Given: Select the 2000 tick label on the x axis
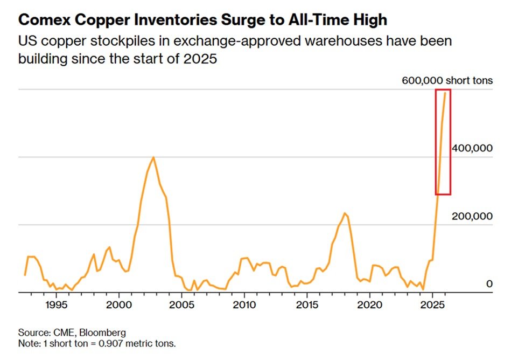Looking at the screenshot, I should point(118,304).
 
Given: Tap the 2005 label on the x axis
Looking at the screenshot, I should point(181,304).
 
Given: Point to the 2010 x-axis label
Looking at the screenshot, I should point(244,304).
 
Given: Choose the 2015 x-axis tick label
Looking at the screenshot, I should point(307,304).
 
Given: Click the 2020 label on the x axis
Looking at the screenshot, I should point(369,304).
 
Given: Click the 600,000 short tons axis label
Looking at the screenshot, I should point(447,81).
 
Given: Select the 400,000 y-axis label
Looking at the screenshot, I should point(473,148).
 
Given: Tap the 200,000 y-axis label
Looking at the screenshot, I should point(473,216).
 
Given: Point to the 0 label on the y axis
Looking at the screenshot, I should point(489,283).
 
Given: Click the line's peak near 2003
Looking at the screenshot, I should point(153,157).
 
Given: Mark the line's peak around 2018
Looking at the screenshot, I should point(345,213).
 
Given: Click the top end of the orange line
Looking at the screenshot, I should point(445,93).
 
